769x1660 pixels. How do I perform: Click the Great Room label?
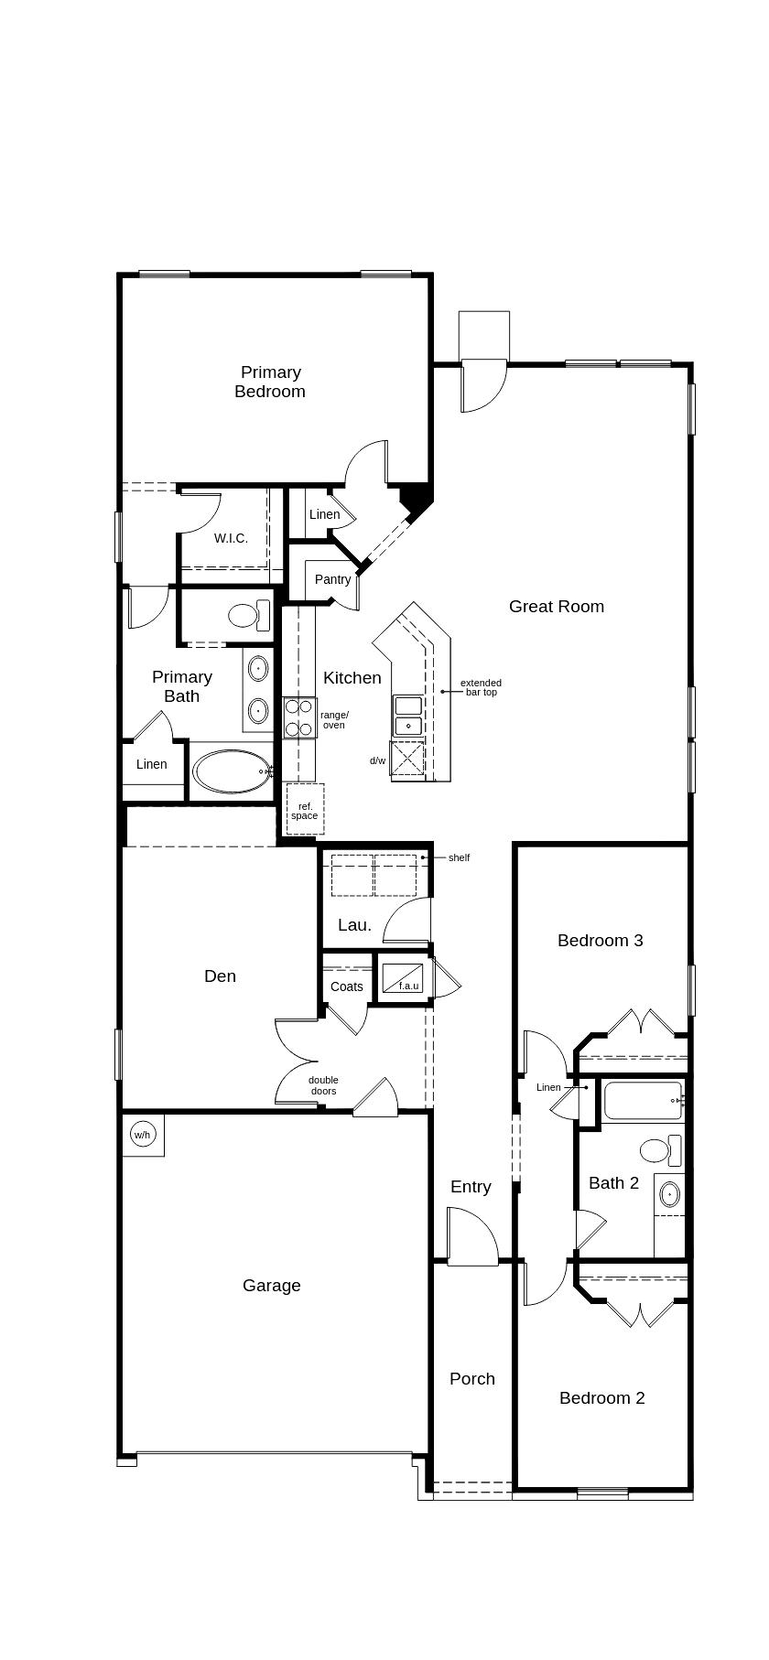pos(556,606)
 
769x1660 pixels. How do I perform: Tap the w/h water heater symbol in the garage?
pos(142,1135)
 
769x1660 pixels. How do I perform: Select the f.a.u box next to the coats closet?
pos(402,978)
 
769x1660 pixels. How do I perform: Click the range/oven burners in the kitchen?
pos(299,717)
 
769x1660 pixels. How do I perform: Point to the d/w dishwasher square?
pos(408,760)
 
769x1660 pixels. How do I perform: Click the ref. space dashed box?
pos(305,809)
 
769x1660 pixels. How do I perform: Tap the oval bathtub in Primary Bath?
pos(231,771)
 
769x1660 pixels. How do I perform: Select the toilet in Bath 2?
pos(657,1149)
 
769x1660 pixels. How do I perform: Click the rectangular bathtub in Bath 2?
pos(643,1100)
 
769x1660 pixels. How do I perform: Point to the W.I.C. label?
pos(231,538)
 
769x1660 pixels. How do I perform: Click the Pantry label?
pos(332,579)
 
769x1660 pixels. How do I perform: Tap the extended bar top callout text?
pos(481,687)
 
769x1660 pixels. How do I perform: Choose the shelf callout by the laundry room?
pos(459,857)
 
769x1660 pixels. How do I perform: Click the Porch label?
pos(472,1378)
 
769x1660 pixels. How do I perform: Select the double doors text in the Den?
pos(323,1085)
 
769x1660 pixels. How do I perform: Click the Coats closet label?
pos(347,986)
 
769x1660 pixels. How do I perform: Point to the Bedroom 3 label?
pos(600,940)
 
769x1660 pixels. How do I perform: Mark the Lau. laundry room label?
pos(354,924)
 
